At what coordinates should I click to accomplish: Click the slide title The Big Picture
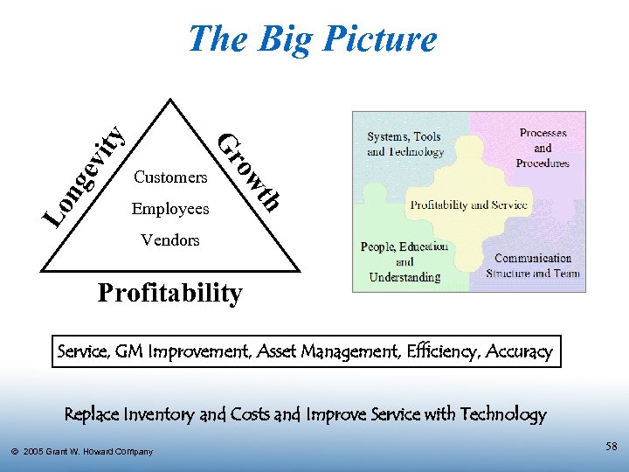[312, 39]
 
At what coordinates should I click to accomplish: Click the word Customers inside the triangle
[170, 177]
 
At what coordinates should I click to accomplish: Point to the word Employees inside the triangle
[170, 209]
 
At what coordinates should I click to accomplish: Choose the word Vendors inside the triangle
[170, 239]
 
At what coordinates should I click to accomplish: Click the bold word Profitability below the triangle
[169, 294]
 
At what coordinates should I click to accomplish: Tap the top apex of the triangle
[172, 101]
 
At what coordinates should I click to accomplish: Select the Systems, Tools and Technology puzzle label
[404, 144]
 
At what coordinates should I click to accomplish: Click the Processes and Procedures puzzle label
[543, 148]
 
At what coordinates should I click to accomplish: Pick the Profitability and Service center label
[469, 205]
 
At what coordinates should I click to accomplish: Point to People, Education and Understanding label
[404, 261]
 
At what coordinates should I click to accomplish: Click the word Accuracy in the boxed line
[518, 352]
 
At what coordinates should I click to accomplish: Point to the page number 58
[611, 447]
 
